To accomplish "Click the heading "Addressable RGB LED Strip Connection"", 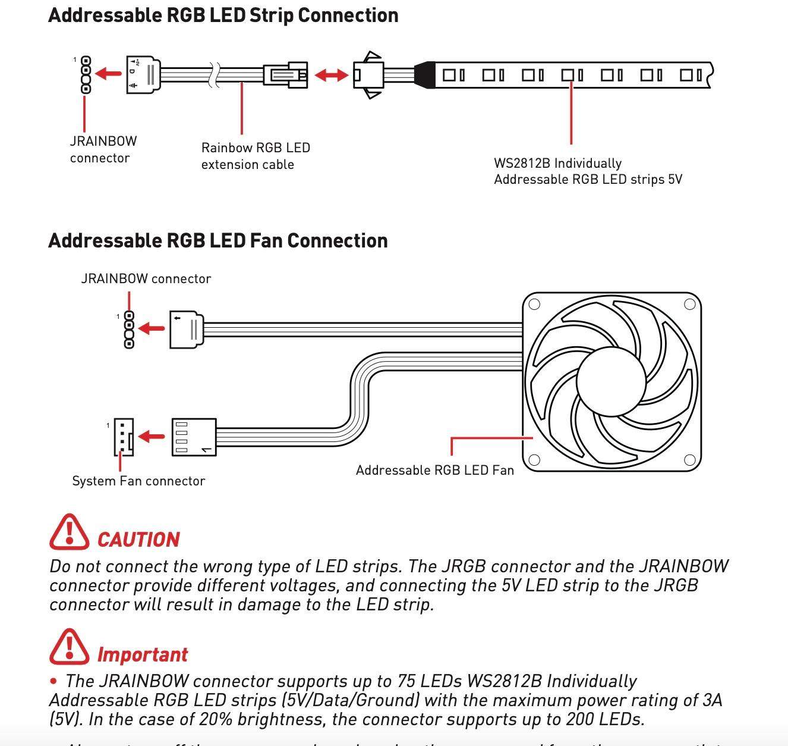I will [223, 15].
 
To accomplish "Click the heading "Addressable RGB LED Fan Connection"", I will [218, 241].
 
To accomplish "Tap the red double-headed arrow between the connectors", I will [331, 75].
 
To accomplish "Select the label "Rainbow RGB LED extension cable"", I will [256, 156].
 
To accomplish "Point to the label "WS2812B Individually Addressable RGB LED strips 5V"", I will [588, 171].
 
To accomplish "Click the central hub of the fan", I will [611, 380].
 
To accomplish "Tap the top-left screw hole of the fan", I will [534, 305].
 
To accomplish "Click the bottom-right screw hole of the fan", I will [690, 460].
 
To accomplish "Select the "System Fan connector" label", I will [138, 481].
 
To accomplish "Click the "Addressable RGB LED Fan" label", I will [435, 470].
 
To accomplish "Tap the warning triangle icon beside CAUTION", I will [69, 532].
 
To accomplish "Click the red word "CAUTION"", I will [138, 540].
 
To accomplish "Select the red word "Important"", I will [143, 654].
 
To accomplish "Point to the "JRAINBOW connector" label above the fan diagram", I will [146, 278].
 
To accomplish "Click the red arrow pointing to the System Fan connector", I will [152, 437].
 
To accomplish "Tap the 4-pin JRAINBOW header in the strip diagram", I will [86, 74].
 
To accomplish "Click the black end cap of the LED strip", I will [425, 75].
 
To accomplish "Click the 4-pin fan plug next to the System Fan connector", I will [194, 437].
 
